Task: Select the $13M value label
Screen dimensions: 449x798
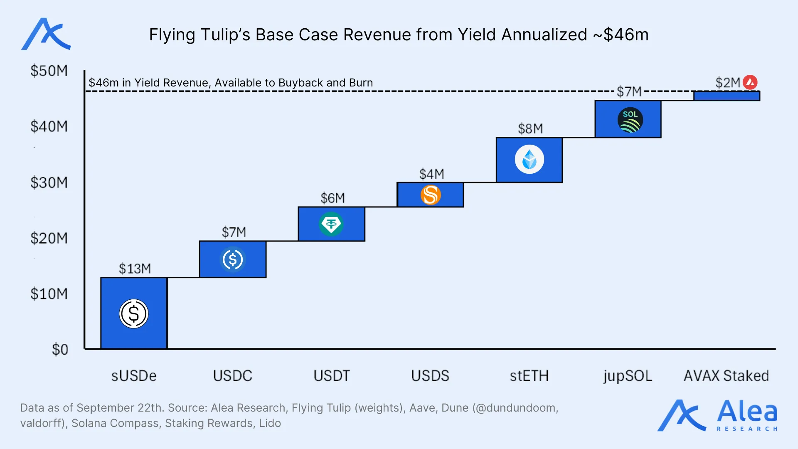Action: (x=135, y=269)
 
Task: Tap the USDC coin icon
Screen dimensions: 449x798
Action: (x=233, y=259)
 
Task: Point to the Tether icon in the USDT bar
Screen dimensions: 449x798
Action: (x=331, y=224)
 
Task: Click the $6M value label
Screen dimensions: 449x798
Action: (x=332, y=198)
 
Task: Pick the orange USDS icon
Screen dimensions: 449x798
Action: (x=431, y=195)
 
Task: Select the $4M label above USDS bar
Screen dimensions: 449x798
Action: (x=431, y=174)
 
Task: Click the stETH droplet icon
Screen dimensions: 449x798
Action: (x=529, y=159)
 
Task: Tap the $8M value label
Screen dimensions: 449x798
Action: (x=530, y=128)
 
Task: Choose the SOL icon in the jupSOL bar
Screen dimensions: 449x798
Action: (x=630, y=120)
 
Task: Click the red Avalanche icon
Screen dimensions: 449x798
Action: (x=750, y=82)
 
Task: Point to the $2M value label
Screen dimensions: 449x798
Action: (x=727, y=83)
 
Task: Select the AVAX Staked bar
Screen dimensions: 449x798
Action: (x=727, y=96)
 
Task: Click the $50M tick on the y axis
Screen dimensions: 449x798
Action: (x=49, y=71)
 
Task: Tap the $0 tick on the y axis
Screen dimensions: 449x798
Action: (x=60, y=349)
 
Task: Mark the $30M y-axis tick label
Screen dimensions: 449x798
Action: (x=49, y=183)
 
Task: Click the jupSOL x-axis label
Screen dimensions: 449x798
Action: (x=628, y=376)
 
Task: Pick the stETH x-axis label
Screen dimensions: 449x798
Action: (x=529, y=376)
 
